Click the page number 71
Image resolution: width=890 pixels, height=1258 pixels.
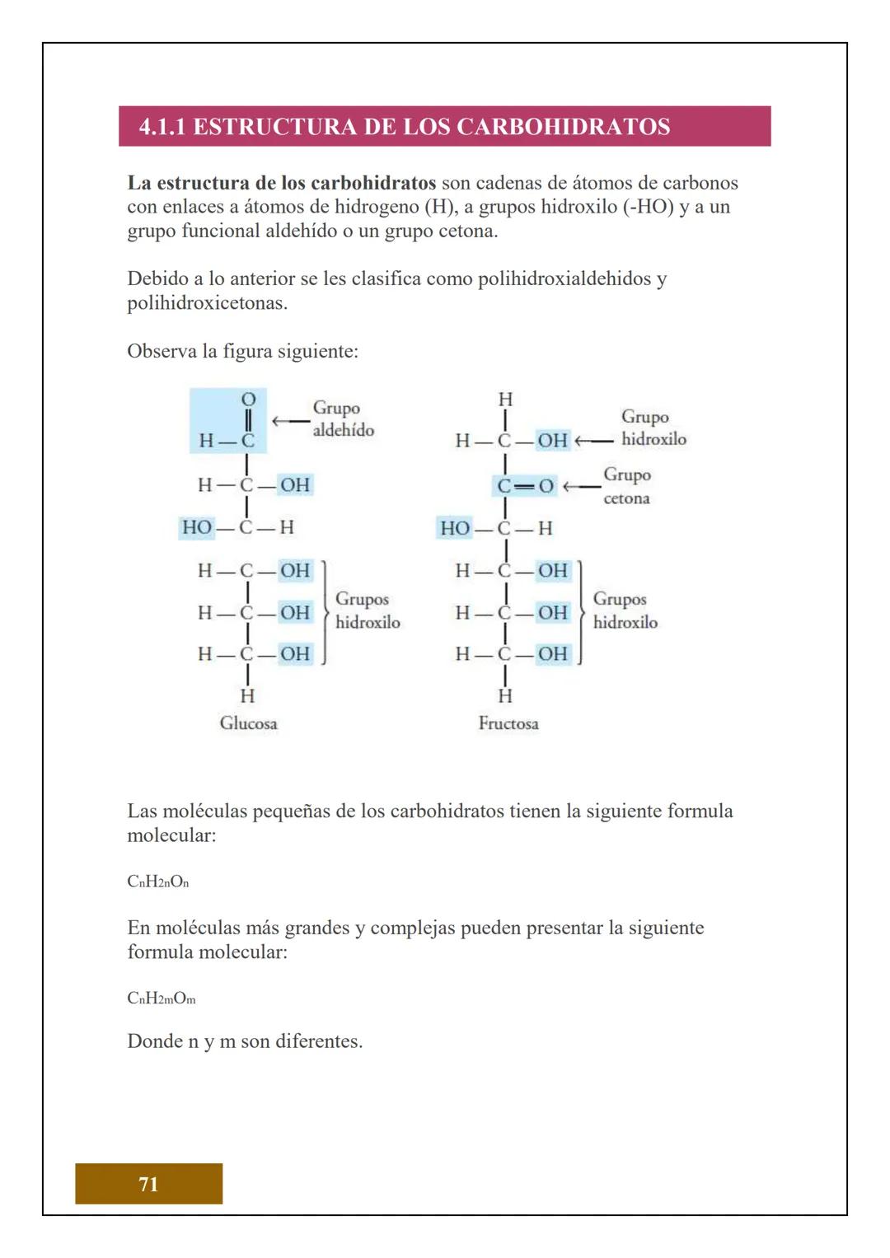[x=148, y=1184]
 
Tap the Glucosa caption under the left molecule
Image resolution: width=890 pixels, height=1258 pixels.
[x=248, y=723]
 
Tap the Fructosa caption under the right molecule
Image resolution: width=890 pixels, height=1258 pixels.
[x=508, y=723]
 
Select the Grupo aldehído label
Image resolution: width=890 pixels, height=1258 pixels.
[x=343, y=419]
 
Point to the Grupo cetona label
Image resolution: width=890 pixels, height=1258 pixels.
[x=627, y=486]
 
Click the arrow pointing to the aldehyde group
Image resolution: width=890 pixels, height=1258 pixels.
[x=289, y=421]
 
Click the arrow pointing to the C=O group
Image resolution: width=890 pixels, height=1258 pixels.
[x=582, y=486]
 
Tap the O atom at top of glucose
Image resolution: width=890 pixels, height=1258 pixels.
[x=247, y=400]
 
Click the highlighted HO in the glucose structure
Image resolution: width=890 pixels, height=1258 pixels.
[x=196, y=527]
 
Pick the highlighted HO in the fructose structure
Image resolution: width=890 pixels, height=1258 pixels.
[x=455, y=528]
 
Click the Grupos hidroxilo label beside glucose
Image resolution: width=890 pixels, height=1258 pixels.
[x=367, y=610]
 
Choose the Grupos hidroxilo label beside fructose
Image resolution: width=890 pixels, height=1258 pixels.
[x=625, y=610]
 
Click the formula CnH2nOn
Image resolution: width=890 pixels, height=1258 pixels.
[x=158, y=882]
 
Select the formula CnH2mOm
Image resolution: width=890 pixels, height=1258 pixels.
[x=162, y=998]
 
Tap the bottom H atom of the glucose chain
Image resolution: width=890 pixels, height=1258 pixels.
[x=247, y=696]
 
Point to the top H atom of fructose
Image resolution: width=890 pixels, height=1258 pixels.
[x=505, y=400]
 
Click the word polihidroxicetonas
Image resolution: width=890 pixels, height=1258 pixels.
[x=207, y=303]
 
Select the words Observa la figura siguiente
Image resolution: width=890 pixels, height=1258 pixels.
[x=242, y=352]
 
